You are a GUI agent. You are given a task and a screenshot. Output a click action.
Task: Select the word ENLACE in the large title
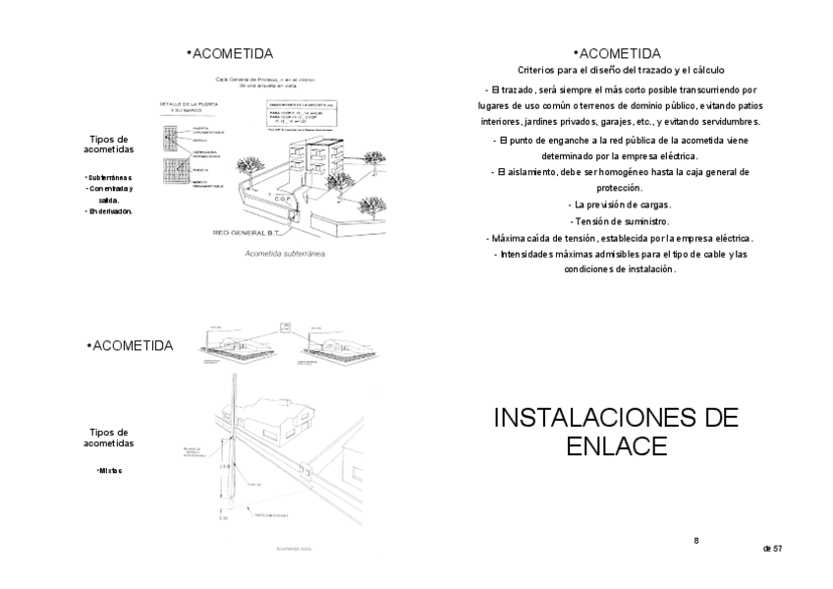click(617, 446)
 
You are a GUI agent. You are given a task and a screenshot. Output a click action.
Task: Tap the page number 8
click(695, 540)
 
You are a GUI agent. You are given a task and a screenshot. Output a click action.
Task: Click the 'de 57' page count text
click(772, 548)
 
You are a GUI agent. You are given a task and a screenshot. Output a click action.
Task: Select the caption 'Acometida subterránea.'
click(284, 253)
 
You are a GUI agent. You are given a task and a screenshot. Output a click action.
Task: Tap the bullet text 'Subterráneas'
click(109, 177)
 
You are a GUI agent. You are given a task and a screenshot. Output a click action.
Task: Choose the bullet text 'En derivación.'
click(110, 210)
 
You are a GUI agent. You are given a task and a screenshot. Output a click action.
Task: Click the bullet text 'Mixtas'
click(109, 470)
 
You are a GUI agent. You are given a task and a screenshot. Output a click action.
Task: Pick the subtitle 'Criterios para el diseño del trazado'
click(621, 71)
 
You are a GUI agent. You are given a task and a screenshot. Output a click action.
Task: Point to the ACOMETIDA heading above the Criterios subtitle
click(618, 53)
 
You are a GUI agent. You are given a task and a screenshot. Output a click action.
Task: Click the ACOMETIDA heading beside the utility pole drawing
click(131, 346)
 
